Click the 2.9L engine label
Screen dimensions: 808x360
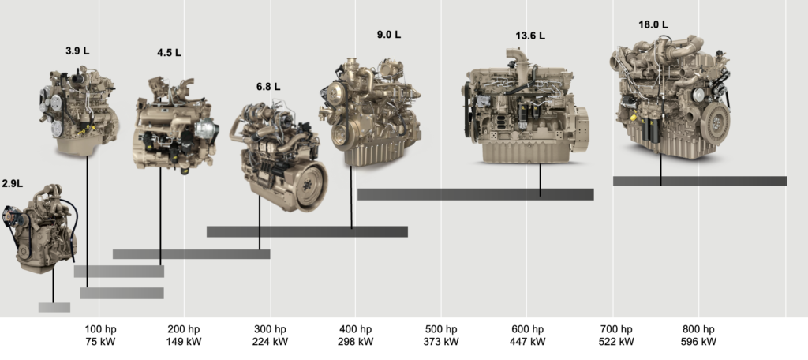[13, 184]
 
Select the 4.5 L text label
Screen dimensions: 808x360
[169, 53]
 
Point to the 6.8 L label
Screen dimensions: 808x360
[268, 87]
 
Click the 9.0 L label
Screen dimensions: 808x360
[388, 35]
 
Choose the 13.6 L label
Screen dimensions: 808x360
[530, 36]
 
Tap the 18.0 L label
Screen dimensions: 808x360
[653, 24]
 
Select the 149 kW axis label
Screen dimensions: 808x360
[184, 341]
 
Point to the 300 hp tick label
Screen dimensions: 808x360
[270, 329]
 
